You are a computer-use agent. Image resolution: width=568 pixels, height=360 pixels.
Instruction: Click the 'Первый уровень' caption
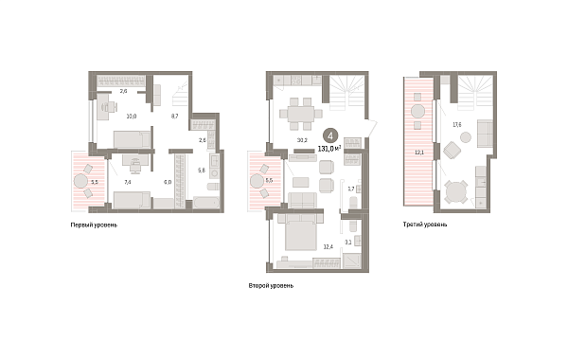pyautogui.click(x=95, y=225)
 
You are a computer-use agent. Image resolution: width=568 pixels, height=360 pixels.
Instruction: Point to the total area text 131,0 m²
pyautogui.click(x=330, y=149)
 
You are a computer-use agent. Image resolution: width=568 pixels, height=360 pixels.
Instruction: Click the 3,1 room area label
pyautogui.click(x=348, y=242)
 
